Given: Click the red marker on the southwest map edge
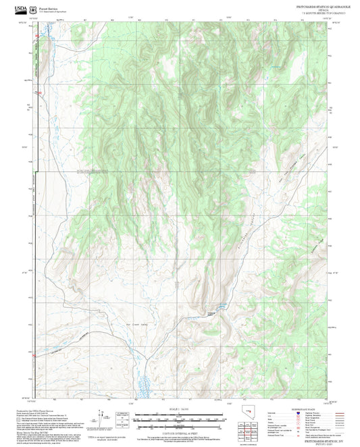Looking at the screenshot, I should coord(32,353).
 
